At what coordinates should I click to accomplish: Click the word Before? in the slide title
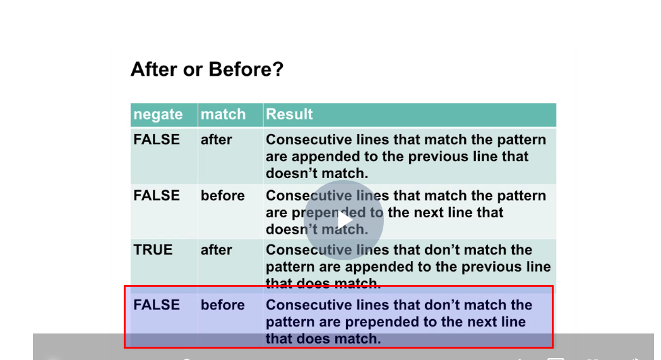[x=246, y=69]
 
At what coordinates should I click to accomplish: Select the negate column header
[x=158, y=114]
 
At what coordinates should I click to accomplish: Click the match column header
[x=223, y=114]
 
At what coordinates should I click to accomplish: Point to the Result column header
[x=289, y=114]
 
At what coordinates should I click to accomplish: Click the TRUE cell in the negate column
[x=153, y=249]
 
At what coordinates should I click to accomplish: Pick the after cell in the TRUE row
[x=217, y=249]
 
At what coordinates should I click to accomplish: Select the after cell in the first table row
[x=217, y=140]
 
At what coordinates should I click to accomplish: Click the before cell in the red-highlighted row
[x=223, y=305]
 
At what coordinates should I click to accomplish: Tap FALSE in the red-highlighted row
[x=157, y=305]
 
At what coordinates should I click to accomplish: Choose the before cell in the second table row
[x=223, y=196]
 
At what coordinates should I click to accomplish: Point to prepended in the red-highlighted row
[x=383, y=321]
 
